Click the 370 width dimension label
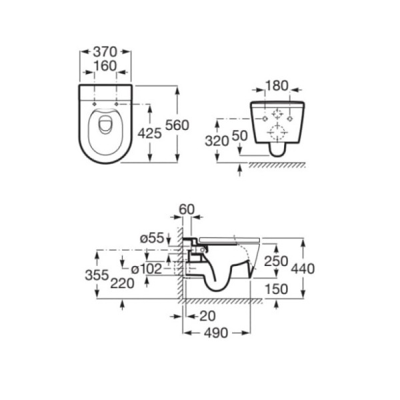pyautogui.click(x=105, y=52)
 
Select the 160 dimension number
pyautogui.click(x=105, y=66)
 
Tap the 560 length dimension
pyautogui.click(x=177, y=125)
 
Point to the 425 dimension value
pyautogui.click(x=150, y=133)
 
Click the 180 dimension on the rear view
pyautogui.click(x=277, y=86)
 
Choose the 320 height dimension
pyautogui.click(x=217, y=141)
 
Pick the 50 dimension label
pyautogui.click(x=240, y=136)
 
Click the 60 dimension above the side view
pyautogui.click(x=187, y=209)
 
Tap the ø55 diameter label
pyautogui.click(x=152, y=238)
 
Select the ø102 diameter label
pyautogui.click(x=147, y=269)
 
